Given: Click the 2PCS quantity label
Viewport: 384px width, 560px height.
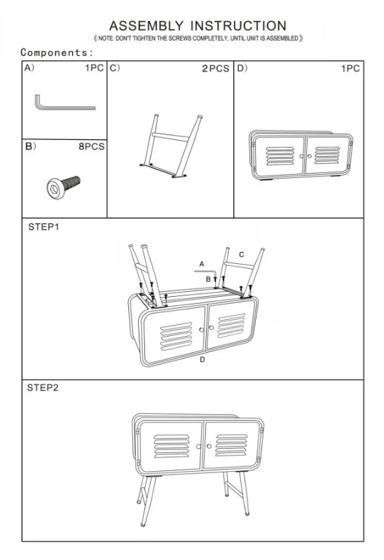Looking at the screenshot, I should click(x=215, y=69).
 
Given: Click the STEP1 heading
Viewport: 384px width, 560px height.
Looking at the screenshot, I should click(x=43, y=227).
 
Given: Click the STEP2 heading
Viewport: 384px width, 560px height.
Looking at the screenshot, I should click(x=43, y=387).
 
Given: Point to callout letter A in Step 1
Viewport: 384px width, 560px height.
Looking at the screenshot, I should click(x=201, y=263).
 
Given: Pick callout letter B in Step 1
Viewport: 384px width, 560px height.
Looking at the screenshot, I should click(x=208, y=279).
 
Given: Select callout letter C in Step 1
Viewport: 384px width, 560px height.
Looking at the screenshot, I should click(x=242, y=255).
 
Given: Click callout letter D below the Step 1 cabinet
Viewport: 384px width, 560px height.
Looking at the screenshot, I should click(x=202, y=359).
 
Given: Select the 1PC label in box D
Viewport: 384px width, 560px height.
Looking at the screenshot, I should click(x=350, y=69).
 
